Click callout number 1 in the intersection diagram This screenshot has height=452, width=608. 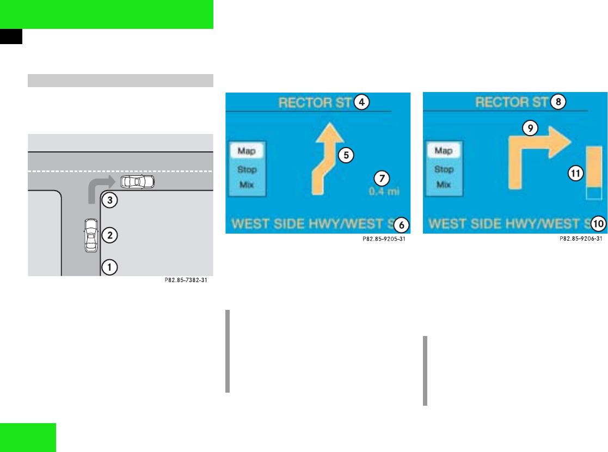tap(110, 267)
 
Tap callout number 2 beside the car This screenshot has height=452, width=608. tap(110, 235)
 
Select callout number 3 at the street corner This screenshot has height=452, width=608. tap(110, 200)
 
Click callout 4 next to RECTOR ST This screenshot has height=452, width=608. tap(360, 101)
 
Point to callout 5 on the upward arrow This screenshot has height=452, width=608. tap(345, 154)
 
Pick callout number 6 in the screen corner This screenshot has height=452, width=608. tap(402, 224)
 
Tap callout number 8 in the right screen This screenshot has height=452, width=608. tap(558, 101)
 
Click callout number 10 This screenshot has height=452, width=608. tap(599, 224)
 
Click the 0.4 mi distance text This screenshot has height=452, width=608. tap(380, 192)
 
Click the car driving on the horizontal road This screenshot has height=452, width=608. tap(137, 181)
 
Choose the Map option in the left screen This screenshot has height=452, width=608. tap(247, 151)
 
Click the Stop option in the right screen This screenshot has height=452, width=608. tap(444, 169)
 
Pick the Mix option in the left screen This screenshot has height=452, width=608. tap(247, 185)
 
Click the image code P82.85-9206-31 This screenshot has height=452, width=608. tap(580, 239)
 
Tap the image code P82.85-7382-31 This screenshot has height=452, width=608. tap(186, 281)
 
